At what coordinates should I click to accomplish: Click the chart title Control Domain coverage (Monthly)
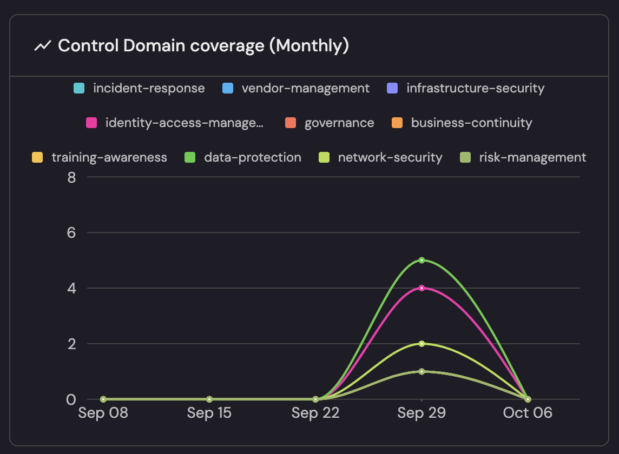click(x=203, y=46)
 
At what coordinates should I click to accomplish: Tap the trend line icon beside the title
click(x=42, y=46)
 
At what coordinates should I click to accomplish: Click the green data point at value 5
click(x=422, y=260)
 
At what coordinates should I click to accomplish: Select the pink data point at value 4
click(x=422, y=288)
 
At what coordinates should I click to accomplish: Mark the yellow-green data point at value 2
click(x=422, y=344)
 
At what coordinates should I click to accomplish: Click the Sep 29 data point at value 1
click(x=422, y=371)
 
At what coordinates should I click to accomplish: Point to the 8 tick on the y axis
click(x=71, y=177)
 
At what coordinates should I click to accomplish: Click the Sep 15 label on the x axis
click(x=209, y=413)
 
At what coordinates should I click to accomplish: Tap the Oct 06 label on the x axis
click(x=528, y=413)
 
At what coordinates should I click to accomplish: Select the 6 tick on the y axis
click(x=71, y=232)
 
